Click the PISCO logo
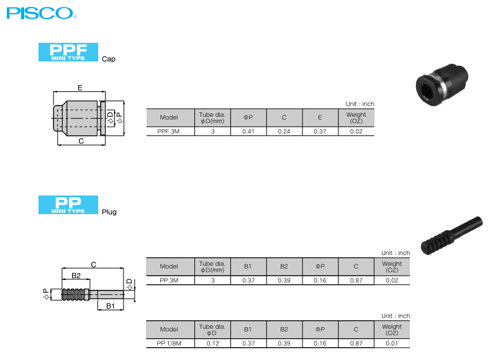pyautogui.click(x=42, y=13)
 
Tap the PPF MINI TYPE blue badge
pyautogui.click(x=68, y=52)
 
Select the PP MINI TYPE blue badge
pyautogui.click(x=68, y=205)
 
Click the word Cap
pyautogui.click(x=109, y=59)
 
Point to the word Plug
pyautogui.click(x=109, y=212)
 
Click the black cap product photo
pyautogui.click(x=442, y=84)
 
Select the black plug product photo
pyautogui.click(x=452, y=235)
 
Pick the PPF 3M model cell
pyautogui.click(x=168, y=132)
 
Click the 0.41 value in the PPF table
pyautogui.click(x=248, y=132)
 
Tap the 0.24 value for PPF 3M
pyautogui.click(x=284, y=132)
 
